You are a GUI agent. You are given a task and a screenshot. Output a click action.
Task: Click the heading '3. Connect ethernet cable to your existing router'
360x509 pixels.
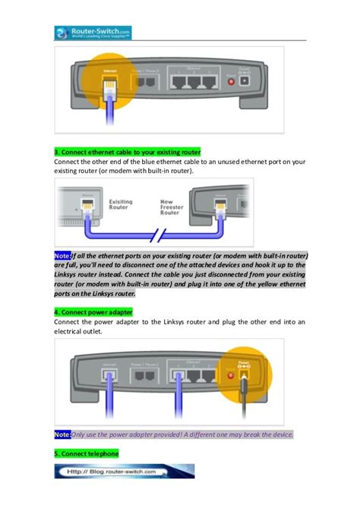point(127,152)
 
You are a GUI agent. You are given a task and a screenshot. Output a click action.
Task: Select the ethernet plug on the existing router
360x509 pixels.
point(89,207)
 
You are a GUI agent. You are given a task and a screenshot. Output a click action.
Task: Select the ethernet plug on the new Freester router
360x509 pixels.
point(221,207)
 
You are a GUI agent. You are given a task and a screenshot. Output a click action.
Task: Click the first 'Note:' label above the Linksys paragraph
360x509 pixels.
point(62,257)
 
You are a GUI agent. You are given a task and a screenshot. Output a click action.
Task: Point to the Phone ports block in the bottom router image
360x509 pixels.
point(147,375)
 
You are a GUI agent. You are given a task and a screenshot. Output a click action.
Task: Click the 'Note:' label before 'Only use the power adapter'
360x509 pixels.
point(62,435)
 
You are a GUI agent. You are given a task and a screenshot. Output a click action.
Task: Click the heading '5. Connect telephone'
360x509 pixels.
point(87,454)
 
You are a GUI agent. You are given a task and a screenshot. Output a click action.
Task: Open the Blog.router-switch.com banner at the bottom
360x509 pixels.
point(124,471)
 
